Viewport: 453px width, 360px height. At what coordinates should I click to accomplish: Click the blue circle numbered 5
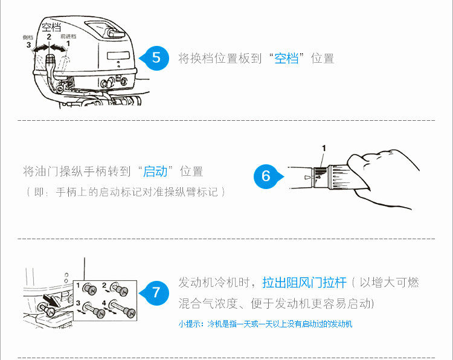click(156, 58)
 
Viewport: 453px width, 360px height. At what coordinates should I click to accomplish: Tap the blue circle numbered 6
click(266, 176)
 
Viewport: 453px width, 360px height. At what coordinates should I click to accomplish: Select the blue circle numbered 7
click(156, 293)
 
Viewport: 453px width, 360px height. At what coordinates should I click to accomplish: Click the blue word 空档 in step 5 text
click(287, 59)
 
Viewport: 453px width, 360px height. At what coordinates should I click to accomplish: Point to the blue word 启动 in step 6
click(155, 171)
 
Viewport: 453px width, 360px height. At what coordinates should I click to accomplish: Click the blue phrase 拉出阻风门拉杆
click(304, 282)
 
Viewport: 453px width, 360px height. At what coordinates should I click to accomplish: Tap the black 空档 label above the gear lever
click(51, 27)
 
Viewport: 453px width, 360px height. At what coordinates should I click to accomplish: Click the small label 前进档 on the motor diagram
click(69, 36)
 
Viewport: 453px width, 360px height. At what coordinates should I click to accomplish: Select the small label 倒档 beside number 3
click(28, 37)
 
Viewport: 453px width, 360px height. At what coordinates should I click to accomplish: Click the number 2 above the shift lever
click(49, 36)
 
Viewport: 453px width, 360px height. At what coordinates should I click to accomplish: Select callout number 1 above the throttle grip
click(324, 147)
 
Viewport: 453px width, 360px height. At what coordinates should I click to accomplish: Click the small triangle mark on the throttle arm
click(307, 178)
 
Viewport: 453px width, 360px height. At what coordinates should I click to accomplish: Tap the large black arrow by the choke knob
click(55, 300)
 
